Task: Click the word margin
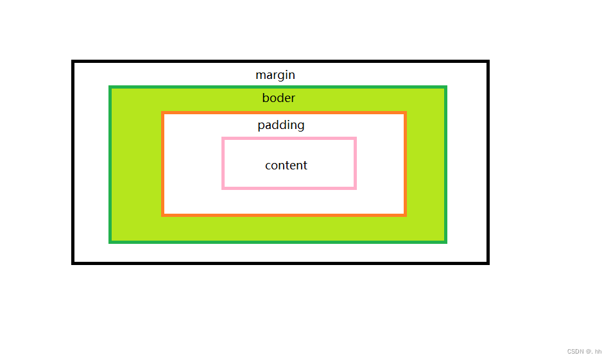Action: [x=275, y=75]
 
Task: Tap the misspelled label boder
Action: [x=279, y=98]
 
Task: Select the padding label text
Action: [x=281, y=125]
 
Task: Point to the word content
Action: [x=286, y=166]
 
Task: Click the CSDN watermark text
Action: [x=584, y=352]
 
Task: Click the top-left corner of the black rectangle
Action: [x=73, y=62]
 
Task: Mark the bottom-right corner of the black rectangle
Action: [x=488, y=262]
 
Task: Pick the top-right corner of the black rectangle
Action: [x=488, y=62]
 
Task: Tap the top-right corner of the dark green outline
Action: [x=445, y=87]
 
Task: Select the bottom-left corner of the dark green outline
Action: [x=111, y=242]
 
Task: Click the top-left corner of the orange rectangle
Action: [x=163, y=113]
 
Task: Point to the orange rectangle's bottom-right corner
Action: [x=405, y=214]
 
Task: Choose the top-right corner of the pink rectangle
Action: [x=355, y=139]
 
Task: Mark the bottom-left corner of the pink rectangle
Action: [x=223, y=188]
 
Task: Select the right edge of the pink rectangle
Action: [x=355, y=163]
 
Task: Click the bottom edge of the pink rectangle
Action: [x=289, y=188]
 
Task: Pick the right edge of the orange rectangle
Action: [x=405, y=164]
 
